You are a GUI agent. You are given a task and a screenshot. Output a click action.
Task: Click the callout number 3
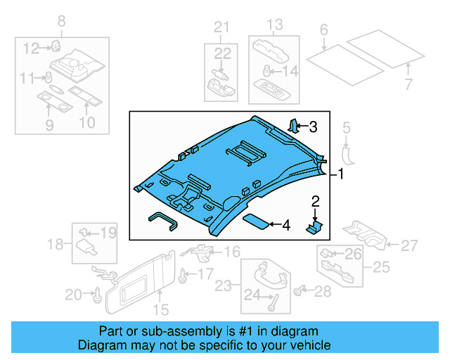click(x=313, y=127)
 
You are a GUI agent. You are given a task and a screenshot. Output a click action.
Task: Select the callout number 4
click(x=285, y=226)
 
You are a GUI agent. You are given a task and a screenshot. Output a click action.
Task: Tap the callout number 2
click(x=316, y=202)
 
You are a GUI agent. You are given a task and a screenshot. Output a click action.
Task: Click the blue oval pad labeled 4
click(x=255, y=221)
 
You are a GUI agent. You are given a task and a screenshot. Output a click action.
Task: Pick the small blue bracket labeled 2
click(x=314, y=226)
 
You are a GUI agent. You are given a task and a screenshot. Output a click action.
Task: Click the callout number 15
click(x=160, y=309)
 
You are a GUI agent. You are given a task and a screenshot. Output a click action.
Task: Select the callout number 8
click(x=61, y=22)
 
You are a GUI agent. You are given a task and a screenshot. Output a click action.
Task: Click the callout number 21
click(x=222, y=28)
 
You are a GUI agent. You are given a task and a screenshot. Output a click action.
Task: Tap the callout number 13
click(x=274, y=25)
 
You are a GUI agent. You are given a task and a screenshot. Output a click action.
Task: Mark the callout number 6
click(x=323, y=30)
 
